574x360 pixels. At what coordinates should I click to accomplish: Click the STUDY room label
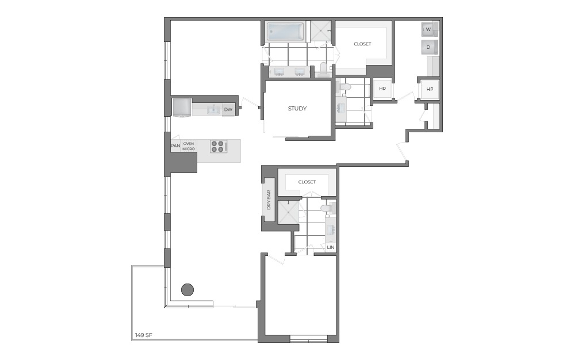[x=297, y=109]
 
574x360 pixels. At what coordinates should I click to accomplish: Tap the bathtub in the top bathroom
[x=286, y=32]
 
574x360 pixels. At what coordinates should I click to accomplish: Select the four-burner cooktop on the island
[x=218, y=146]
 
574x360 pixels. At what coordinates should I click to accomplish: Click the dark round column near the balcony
[x=187, y=290]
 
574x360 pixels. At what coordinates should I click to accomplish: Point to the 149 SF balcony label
[x=143, y=335]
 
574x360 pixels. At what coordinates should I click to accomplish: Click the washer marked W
[x=428, y=29]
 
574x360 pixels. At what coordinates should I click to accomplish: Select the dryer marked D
[x=428, y=48]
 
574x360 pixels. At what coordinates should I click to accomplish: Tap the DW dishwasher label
[x=228, y=109]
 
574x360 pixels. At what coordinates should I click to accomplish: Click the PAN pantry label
[x=175, y=146]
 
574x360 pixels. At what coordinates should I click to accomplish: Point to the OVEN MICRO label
[x=189, y=146]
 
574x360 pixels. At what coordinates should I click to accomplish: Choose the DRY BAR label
[x=269, y=200]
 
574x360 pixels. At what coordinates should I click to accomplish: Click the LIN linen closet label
[x=330, y=247]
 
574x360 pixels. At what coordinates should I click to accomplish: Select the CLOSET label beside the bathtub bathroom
[x=362, y=44]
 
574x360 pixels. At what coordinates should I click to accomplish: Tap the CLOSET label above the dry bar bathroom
[x=307, y=182]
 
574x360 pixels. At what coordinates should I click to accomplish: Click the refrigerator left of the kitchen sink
[x=182, y=107]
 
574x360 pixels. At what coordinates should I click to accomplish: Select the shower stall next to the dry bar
[x=287, y=212]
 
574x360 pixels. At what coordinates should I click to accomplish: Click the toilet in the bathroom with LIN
[x=327, y=208]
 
